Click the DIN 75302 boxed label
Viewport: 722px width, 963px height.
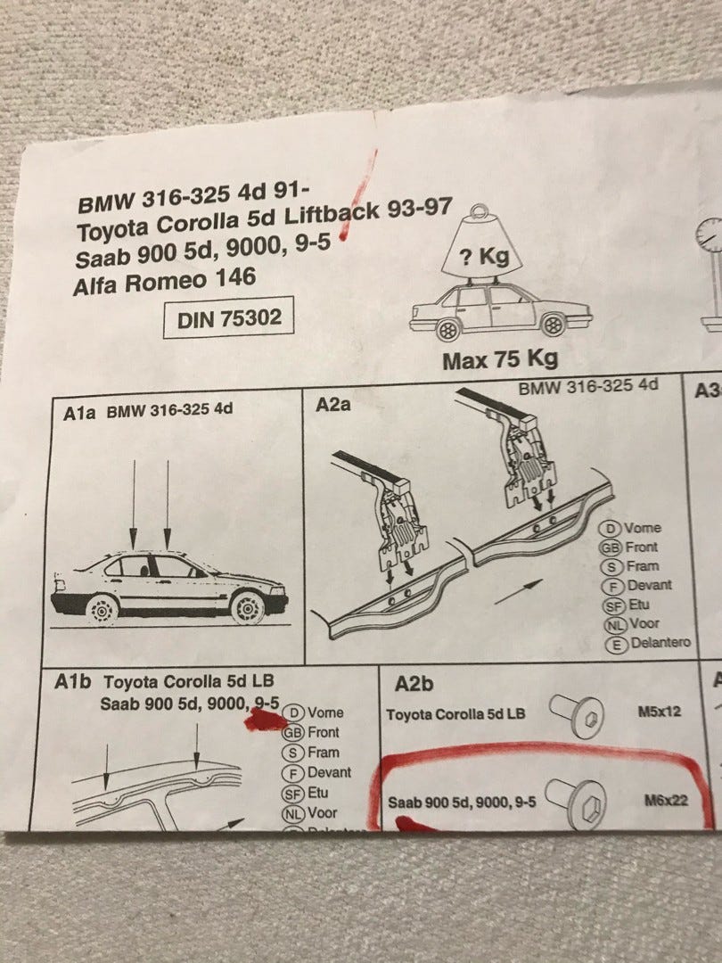228,317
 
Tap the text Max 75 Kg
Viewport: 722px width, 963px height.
500,359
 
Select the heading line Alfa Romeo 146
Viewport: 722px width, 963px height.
164,281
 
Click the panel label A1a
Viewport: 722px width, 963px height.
79,413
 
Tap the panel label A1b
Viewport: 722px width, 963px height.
72,682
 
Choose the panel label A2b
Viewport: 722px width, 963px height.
414,684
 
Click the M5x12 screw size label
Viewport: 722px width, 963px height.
660,712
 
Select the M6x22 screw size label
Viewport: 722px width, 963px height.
666,800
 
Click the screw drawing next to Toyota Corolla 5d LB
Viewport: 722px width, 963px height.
577,715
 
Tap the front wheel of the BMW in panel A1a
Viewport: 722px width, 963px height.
248,608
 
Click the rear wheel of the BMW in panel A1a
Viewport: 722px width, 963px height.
102,610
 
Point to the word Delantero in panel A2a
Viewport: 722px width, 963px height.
660,642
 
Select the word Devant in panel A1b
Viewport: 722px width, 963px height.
329,772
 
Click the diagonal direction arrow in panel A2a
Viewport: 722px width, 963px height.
518,592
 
